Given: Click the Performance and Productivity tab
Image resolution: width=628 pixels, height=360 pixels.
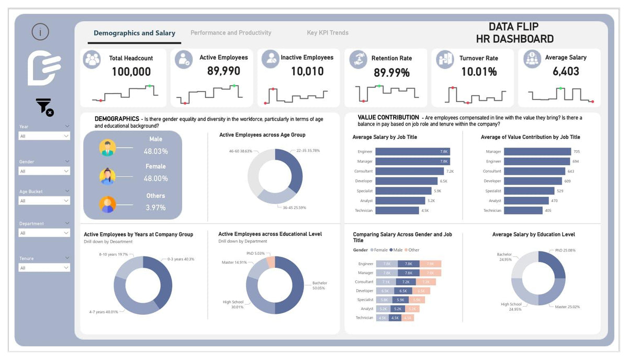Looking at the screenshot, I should (231, 33).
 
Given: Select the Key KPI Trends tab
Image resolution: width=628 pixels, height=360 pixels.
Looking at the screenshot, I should (328, 33).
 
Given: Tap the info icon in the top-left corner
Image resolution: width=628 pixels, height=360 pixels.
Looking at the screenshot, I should (40, 32).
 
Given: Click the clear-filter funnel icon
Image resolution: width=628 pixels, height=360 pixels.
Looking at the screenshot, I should (44, 107).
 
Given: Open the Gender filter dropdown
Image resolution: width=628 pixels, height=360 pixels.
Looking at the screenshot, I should (44, 171).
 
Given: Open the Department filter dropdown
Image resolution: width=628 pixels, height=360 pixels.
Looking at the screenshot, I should (44, 233).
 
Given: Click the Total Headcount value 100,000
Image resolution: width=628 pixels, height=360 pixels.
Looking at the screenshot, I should (131, 72).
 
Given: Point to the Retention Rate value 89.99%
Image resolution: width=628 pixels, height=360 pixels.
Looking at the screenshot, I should (391, 73).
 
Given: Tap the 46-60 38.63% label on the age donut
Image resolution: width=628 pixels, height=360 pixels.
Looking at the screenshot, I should (241, 151).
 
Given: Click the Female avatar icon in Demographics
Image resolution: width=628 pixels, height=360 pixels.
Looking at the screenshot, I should (107, 176).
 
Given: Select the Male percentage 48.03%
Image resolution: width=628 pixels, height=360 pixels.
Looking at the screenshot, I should (156, 151).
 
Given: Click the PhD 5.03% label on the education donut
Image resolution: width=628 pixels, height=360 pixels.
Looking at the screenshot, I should (256, 253).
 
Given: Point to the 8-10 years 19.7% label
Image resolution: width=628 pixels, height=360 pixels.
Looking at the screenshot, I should (114, 254).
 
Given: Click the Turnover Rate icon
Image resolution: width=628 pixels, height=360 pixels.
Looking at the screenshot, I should (445, 59).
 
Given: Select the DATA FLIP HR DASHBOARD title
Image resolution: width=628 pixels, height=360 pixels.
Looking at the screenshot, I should (514, 33).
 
